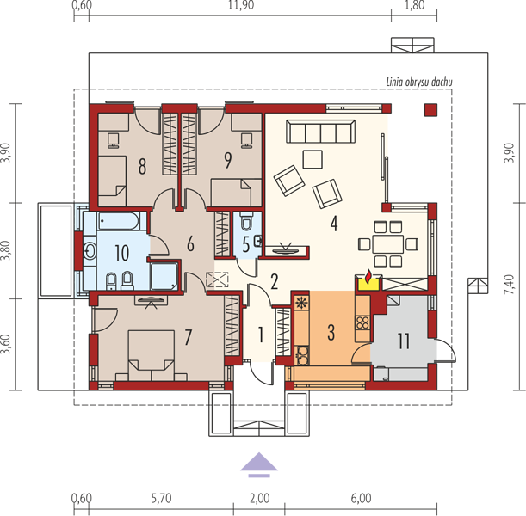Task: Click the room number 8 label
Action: pyautogui.click(x=142, y=167)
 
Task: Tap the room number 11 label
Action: pyautogui.click(x=404, y=341)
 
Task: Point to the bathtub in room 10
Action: pyautogui.click(x=118, y=221)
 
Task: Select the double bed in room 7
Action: pyautogui.click(x=152, y=355)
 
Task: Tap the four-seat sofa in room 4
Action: pyautogui.click(x=320, y=132)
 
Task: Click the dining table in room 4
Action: pyautogui.click(x=387, y=244)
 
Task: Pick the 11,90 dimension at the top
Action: pyautogui.click(x=241, y=5)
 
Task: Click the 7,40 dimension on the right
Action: pyautogui.click(x=509, y=285)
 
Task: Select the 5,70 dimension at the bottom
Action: pyautogui.click(x=161, y=498)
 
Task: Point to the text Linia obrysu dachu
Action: pyautogui.click(x=419, y=82)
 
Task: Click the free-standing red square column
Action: pyautogui.click(x=431, y=110)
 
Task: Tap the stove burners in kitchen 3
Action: pyautogui.click(x=362, y=323)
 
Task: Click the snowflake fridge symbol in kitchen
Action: pyautogui.click(x=301, y=304)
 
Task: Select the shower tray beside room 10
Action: pyautogui.click(x=164, y=276)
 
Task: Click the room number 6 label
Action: pyautogui.click(x=190, y=243)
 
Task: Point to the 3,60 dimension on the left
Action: pyautogui.click(x=6, y=344)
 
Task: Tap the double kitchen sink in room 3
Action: pyautogui.click(x=302, y=355)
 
